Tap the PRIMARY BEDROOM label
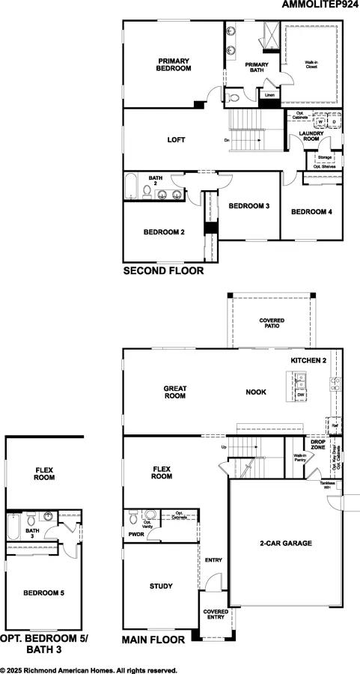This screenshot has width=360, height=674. [174, 64]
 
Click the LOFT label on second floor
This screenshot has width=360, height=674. [176, 139]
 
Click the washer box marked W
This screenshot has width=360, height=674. [320, 120]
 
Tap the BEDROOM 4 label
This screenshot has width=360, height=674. [311, 212]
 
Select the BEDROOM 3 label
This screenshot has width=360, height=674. [248, 206]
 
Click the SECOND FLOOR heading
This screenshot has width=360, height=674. [163, 271]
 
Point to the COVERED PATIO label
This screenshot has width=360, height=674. [272, 324]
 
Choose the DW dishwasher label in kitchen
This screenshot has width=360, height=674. [299, 395]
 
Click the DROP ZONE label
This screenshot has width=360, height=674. [318, 445]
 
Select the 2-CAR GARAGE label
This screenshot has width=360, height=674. [285, 544]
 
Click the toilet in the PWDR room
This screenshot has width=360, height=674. [133, 516]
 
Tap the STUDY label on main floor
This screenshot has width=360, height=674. [161, 586]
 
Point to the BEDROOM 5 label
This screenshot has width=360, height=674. [43, 592]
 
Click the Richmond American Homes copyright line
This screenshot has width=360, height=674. [88, 670]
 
